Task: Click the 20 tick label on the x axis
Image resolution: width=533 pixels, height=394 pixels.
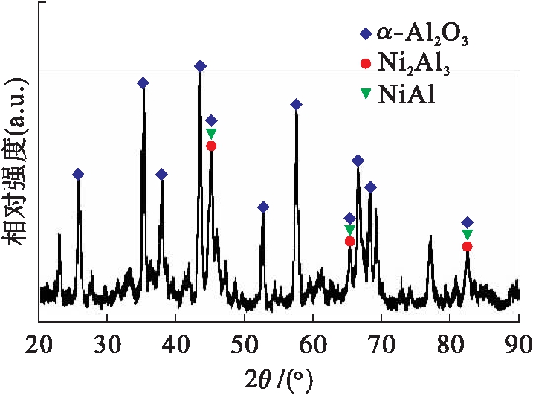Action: (39, 344)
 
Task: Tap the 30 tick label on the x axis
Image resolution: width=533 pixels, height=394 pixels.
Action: (107, 344)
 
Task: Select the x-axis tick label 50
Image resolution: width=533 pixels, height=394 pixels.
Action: (244, 344)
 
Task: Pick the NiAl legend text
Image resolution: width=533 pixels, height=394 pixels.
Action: (406, 95)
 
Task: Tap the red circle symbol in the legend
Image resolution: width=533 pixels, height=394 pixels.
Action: (364, 64)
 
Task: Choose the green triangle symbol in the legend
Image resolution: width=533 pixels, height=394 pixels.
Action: (364, 94)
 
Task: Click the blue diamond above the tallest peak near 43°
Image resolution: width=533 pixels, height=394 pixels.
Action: (200, 66)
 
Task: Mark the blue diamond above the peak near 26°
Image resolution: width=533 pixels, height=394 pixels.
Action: (78, 174)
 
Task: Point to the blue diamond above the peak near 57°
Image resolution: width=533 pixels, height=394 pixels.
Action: (296, 104)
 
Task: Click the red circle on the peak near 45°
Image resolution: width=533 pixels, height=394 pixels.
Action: (211, 146)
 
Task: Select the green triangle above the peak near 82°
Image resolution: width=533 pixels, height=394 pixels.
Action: (467, 234)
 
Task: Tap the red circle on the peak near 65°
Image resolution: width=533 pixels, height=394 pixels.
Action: (349, 241)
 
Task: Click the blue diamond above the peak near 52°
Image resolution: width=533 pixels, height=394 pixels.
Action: (262, 207)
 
